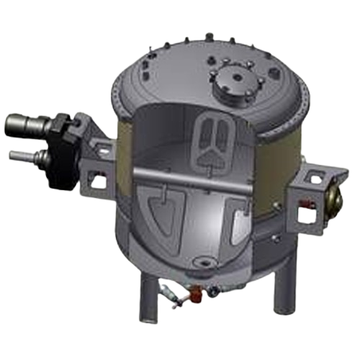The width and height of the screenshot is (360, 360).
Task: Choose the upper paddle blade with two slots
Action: pos(214,141)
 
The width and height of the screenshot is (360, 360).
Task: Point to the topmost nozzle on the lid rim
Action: pos(210,35)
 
